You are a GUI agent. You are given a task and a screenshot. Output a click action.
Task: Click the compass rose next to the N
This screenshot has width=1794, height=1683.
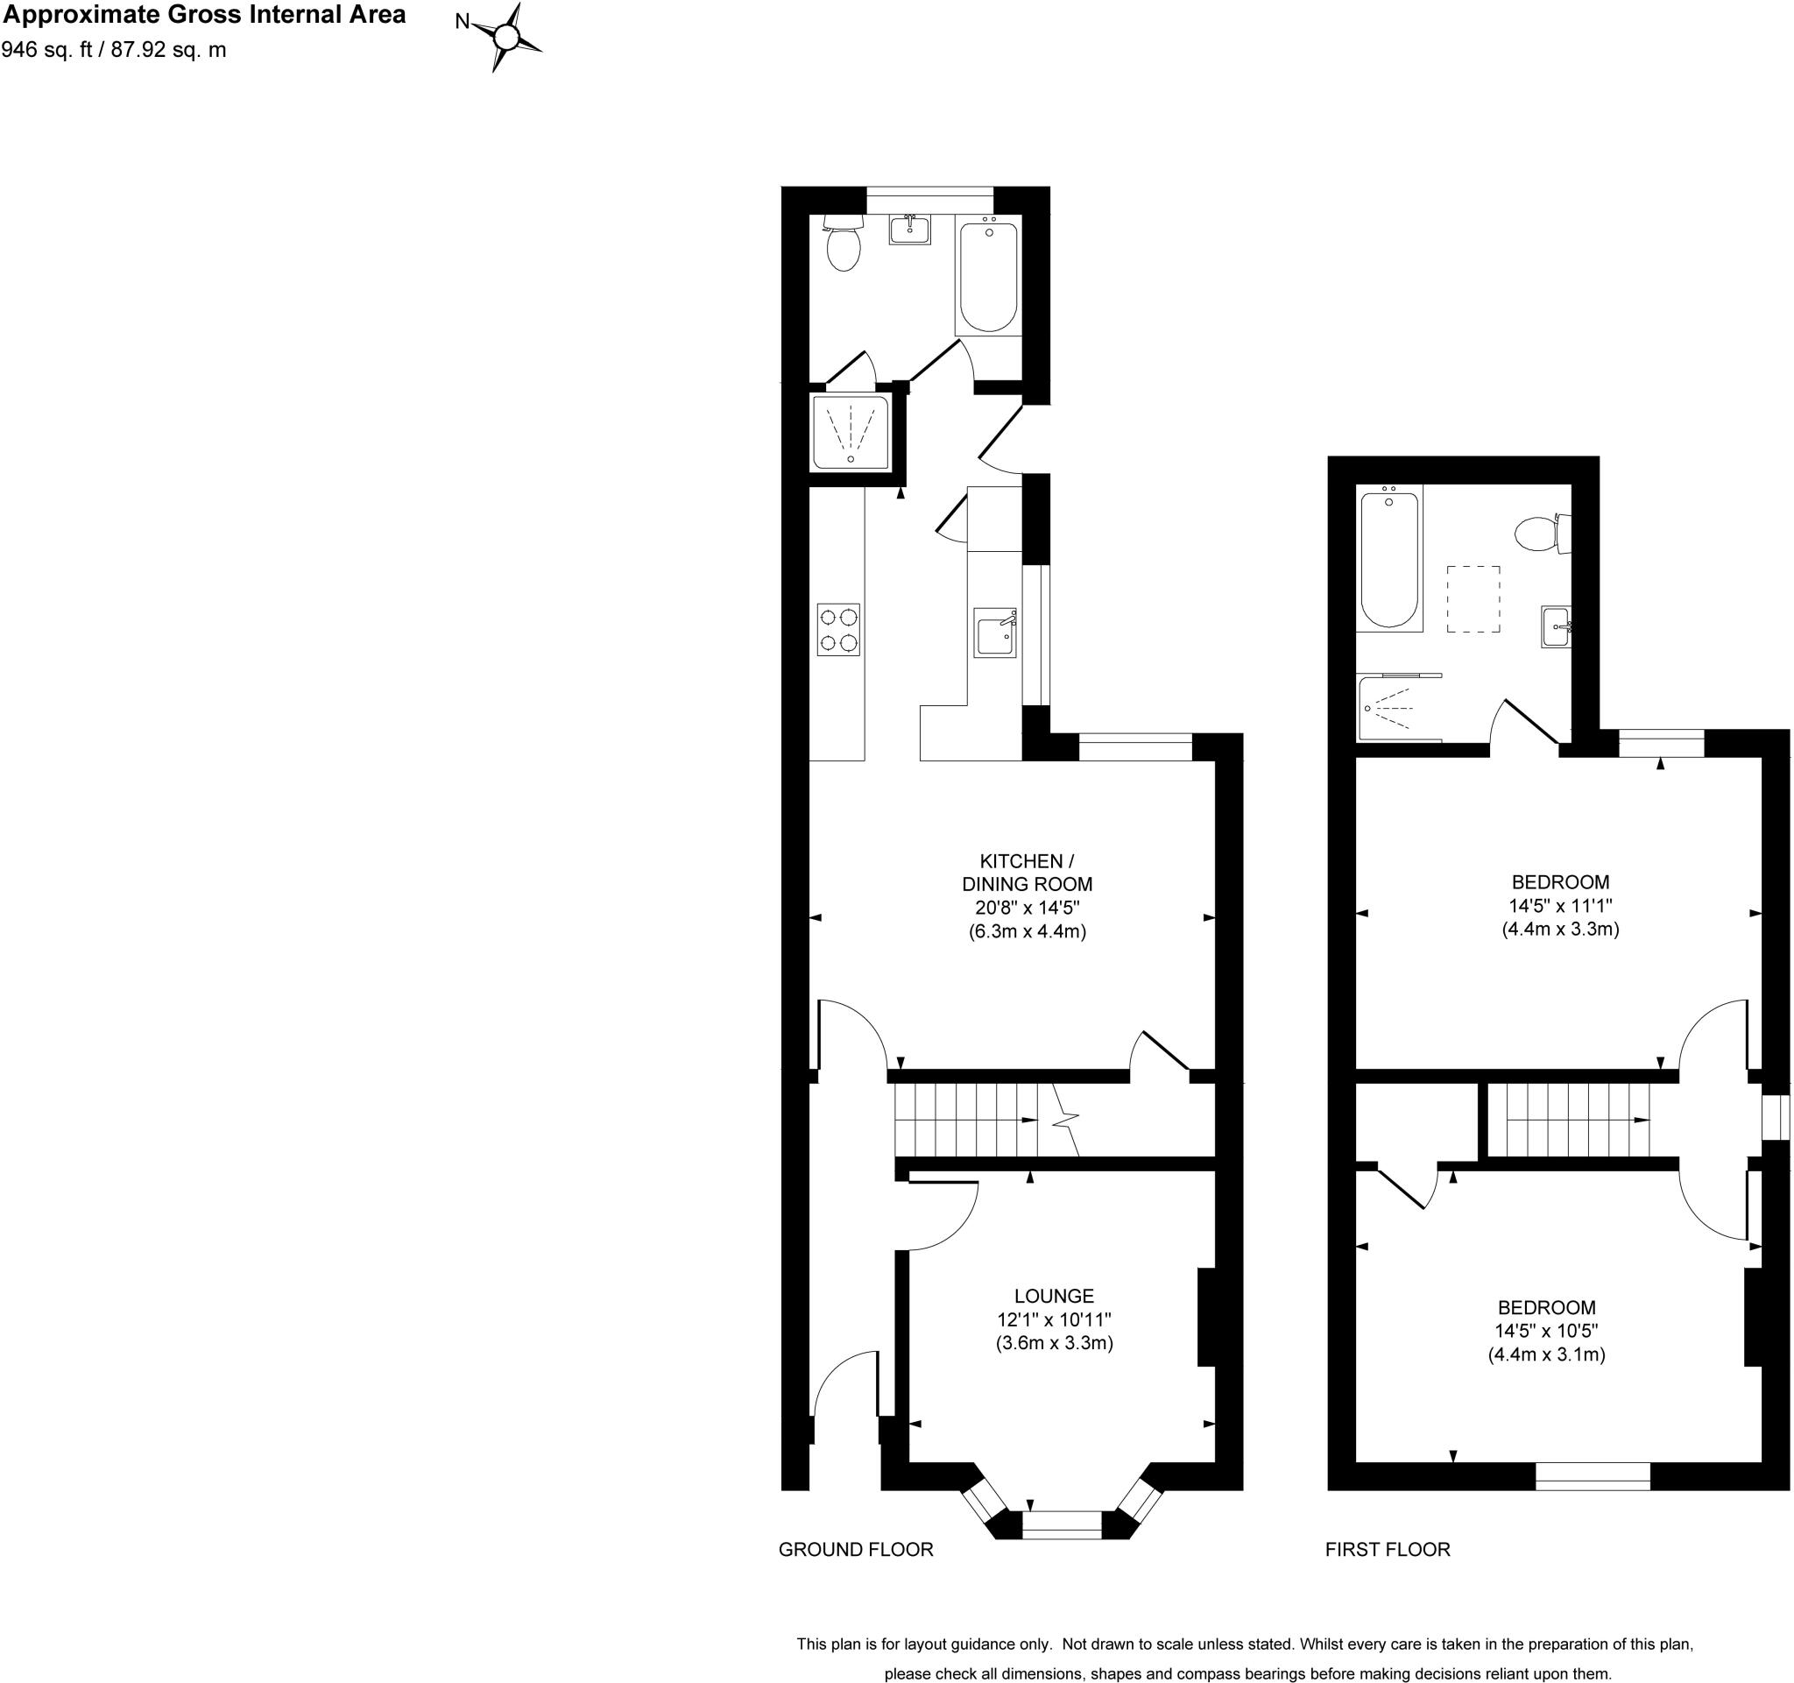point(507,37)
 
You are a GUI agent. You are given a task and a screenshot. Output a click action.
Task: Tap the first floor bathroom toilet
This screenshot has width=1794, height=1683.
point(1541,534)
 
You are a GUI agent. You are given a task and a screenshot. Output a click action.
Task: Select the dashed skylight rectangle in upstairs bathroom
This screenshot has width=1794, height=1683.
point(1473,599)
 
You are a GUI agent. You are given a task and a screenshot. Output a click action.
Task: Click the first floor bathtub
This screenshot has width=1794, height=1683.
point(1389,559)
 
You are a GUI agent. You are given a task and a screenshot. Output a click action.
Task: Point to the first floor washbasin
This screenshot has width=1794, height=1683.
point(1556,626)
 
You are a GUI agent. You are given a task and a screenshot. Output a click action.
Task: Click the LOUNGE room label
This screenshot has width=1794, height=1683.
point(1053,1297)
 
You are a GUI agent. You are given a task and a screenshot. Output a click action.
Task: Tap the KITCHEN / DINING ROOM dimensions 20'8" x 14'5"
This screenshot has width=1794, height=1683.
point(1027,908)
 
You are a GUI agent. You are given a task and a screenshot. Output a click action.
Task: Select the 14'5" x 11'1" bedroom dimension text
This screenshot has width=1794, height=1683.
point(1560,905)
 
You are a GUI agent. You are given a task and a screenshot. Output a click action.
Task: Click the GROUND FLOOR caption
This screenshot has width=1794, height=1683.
point(856,1550)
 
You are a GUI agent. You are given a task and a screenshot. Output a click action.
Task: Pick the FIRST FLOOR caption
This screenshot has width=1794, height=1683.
point(1387,1550)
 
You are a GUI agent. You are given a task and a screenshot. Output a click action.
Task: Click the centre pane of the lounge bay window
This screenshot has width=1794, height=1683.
point(1063,1524)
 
